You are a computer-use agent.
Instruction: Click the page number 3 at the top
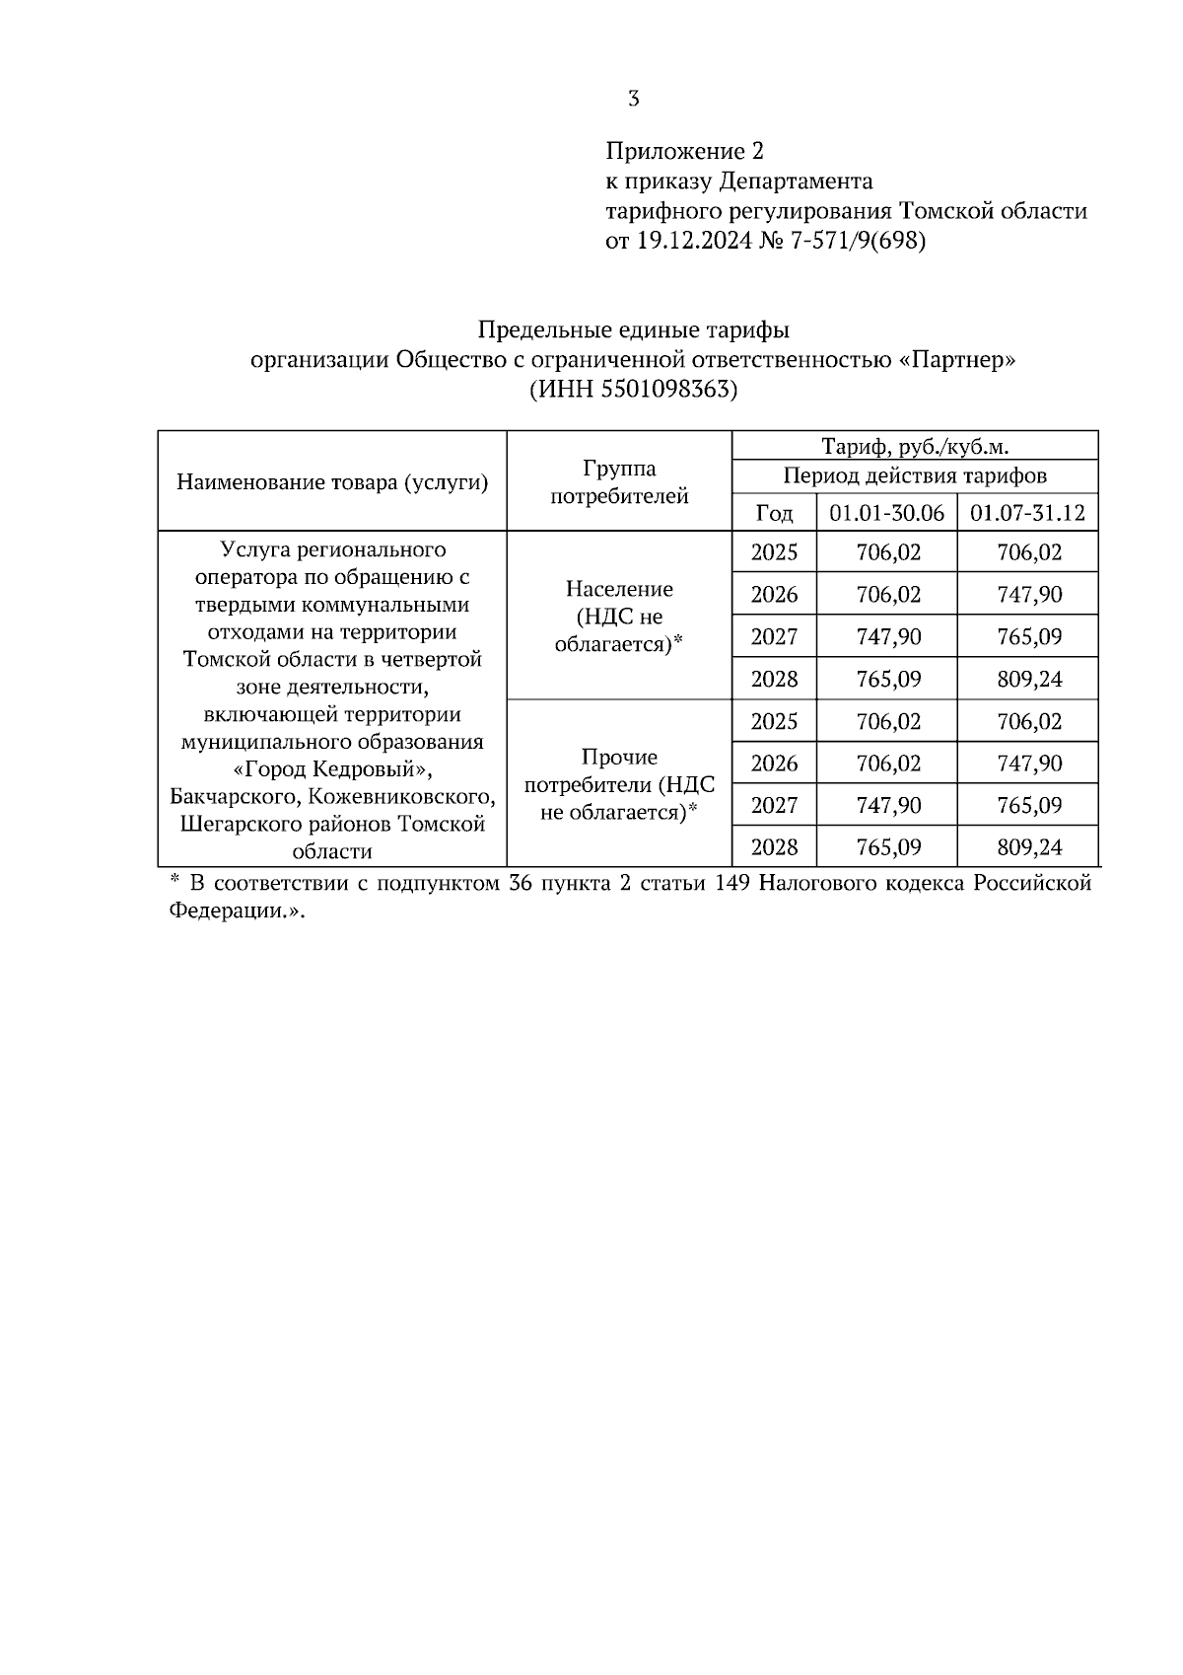click(x=633, y=99)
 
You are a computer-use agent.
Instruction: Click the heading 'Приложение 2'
click(x=684, y=151)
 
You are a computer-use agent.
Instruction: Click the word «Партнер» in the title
click(x=957, y=359)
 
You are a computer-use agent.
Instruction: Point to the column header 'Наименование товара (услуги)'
click(x=332, y=482)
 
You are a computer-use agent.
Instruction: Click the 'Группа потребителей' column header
click(x=619, y=482)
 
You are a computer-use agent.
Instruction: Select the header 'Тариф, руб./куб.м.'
click(x=915, y=446)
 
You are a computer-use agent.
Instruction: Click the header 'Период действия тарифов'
click(x=915, y=476)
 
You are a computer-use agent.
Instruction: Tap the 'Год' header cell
click(x=774, y=513)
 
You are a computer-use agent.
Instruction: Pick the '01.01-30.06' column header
click(x=886, y=513)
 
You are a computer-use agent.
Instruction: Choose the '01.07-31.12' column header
click(x=1027, y=513)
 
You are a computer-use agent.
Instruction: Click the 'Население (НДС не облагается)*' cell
click(x=619, y=617)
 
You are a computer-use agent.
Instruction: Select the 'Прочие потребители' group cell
click(x=619, y=784)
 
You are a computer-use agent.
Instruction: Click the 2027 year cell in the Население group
click(x=774, y=636)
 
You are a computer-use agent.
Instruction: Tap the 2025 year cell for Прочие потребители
click(x=774, y=721)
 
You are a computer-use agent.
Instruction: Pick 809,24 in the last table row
click(x=1028, y=846)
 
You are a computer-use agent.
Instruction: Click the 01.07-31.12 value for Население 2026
click(x=1028, y=595)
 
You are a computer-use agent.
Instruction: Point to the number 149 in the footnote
click(x=732, y=883)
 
